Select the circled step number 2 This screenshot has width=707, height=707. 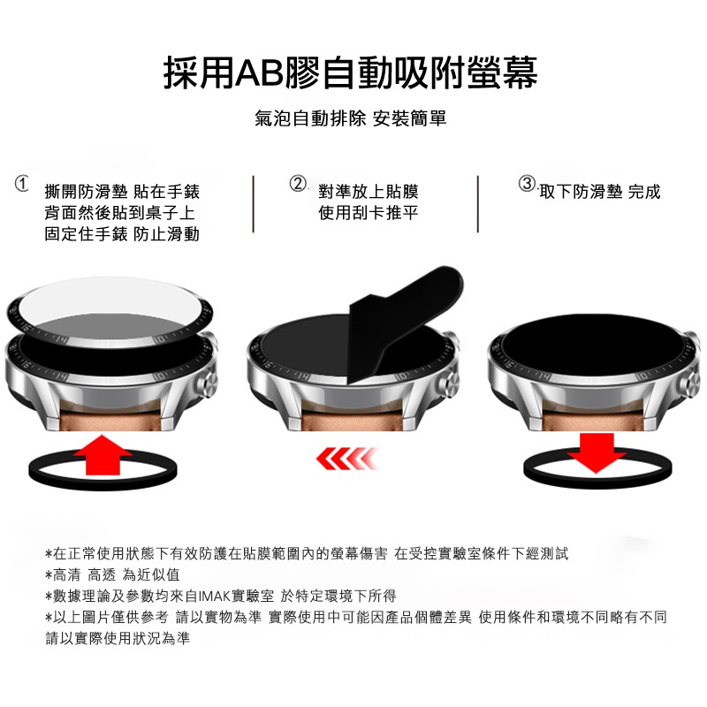tap(299, 185)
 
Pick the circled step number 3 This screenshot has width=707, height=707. tap(528, 185)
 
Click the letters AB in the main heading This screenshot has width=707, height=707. tap(256, 72)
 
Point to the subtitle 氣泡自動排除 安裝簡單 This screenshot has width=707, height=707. tap(351, 118)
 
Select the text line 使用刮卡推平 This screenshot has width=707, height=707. tap(368, 213)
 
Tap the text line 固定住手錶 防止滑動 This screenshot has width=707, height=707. tap(122, 234)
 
